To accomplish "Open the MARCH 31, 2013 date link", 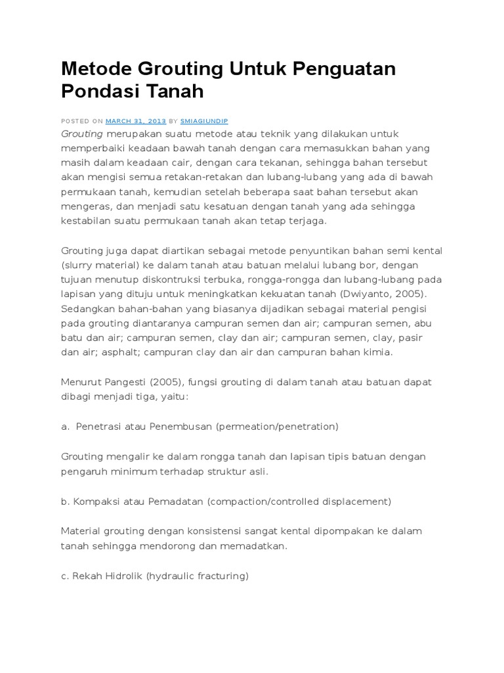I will tap(136, 122).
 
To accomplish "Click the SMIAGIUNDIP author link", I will tap(204, 122).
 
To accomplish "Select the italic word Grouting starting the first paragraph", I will tap(82, 133).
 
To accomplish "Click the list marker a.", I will tap(65, 427).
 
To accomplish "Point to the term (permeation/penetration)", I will tap(276, 427).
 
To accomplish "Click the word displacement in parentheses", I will tap(356, 501).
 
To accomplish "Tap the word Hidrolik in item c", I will tap(122, 576).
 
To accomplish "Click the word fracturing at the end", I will tap(221, 576).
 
